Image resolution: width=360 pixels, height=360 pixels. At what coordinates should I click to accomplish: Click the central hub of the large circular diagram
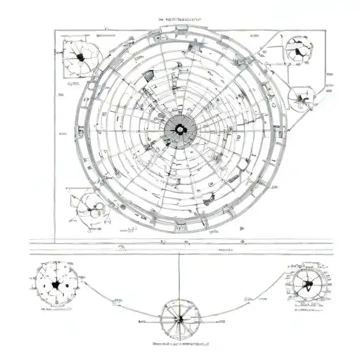coord(179,129)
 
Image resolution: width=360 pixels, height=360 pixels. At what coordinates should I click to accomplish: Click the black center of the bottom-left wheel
coord(56,285)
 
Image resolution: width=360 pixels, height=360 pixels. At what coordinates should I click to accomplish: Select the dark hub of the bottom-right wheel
coord(307,285)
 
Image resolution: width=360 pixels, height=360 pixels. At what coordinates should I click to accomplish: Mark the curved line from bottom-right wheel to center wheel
coord(246,295)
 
